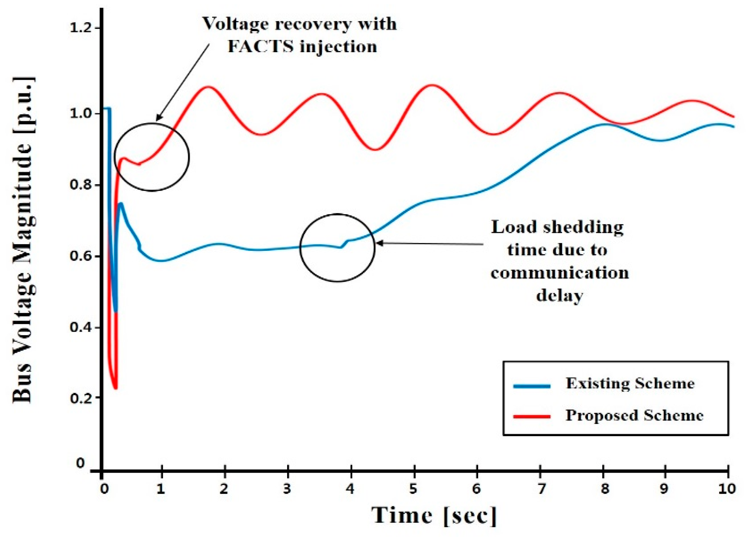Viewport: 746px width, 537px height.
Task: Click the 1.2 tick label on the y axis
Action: pos(80,28)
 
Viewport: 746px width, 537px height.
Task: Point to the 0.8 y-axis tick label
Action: pos(80,185)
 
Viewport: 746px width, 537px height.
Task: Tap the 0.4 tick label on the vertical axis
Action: pos(80,328)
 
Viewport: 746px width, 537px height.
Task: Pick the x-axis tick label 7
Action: pos(540,489)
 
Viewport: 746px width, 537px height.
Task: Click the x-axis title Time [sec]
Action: pos(434,515)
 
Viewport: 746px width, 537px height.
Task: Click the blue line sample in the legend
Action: pos(532,386)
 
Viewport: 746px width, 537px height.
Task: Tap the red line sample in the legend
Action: pos(532,417)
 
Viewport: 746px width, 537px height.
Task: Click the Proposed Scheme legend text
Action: pos(634,415)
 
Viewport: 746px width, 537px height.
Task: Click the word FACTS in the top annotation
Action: pos(260,47)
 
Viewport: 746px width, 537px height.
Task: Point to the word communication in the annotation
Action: pos(559,273)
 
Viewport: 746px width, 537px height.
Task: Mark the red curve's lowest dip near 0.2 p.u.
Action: pos(115,388)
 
